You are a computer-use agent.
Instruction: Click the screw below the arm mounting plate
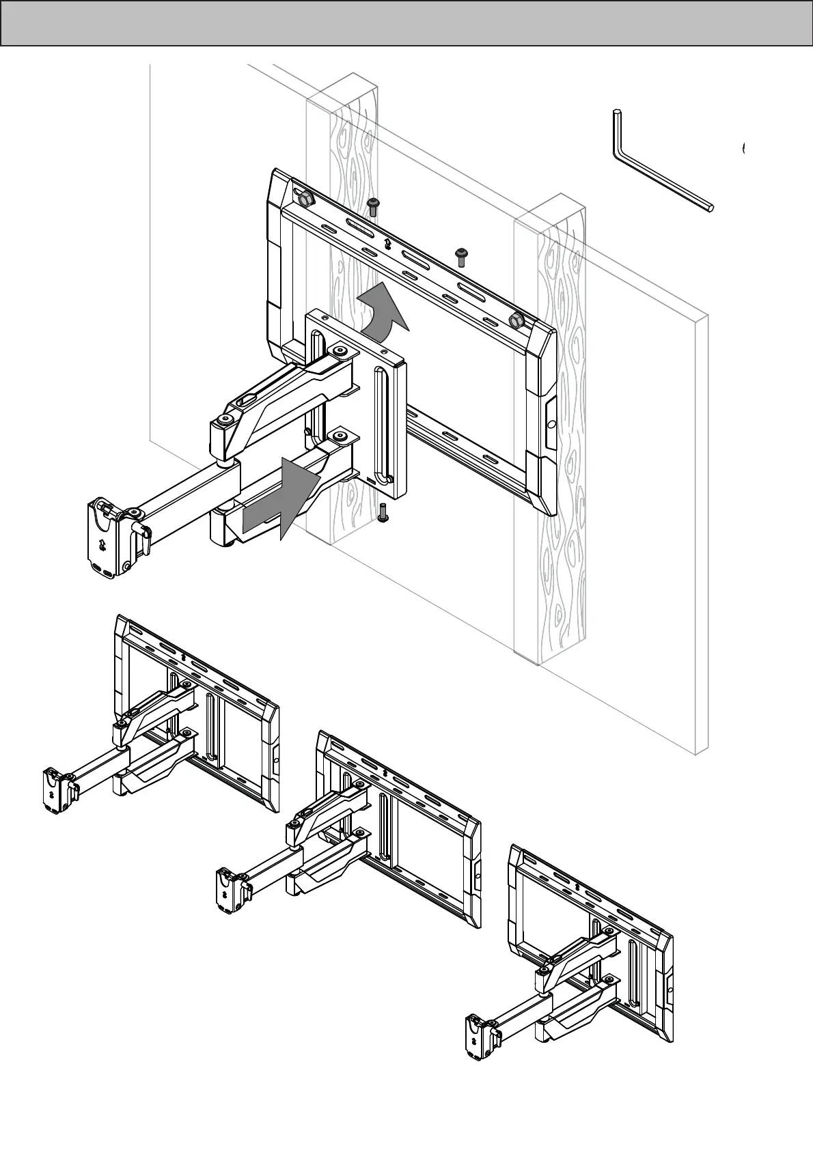coord(383,513)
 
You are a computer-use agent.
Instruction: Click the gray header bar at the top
coord(406,23)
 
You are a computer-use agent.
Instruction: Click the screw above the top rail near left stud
coord(373,206)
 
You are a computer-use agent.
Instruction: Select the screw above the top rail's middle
coord(463,256)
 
